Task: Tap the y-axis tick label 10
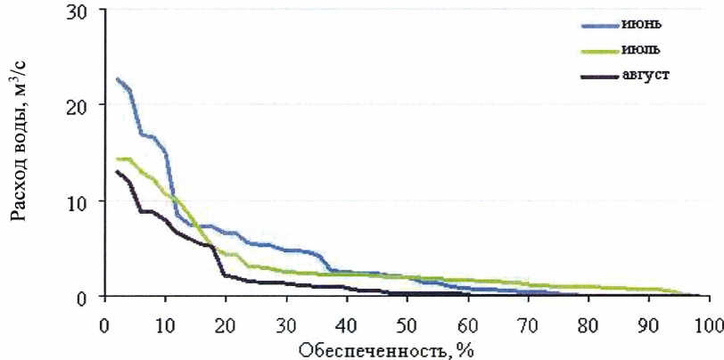tap(90, 201)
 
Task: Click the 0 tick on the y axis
tap(95, 297)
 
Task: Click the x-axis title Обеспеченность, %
tap(386, 346)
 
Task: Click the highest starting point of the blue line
tap(118, 78)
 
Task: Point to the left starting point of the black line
tap(118, 171)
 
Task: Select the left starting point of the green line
tap(118, 159)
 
